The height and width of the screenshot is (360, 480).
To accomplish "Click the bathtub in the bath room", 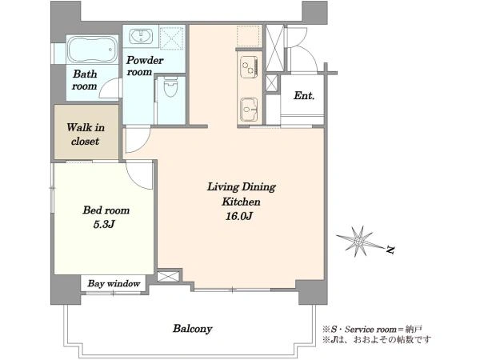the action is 92,50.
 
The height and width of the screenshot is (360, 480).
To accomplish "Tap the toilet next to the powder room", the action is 171,88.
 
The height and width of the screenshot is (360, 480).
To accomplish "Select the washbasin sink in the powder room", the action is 141,37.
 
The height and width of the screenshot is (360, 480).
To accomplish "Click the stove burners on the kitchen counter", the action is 249,67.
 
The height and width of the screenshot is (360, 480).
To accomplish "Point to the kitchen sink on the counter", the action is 249,110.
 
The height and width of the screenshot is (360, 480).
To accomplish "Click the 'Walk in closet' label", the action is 86,134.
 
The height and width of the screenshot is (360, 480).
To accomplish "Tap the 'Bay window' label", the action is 114,283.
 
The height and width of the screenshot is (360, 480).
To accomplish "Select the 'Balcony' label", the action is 192,329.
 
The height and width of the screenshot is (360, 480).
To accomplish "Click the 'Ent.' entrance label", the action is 304,96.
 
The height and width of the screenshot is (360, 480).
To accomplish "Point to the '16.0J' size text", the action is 238,217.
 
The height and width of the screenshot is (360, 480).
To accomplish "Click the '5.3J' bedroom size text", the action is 104,224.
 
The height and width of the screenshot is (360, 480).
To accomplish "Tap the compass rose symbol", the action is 359,242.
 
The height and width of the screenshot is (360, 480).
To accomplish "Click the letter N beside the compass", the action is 390,250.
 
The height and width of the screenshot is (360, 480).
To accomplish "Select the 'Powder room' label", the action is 145,66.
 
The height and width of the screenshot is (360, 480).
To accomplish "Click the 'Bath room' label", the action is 85,80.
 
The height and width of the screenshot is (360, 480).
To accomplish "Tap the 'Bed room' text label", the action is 106,210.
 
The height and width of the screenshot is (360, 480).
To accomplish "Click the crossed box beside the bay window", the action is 168,276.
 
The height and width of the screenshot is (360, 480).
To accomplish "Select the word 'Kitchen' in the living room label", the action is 241,202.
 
